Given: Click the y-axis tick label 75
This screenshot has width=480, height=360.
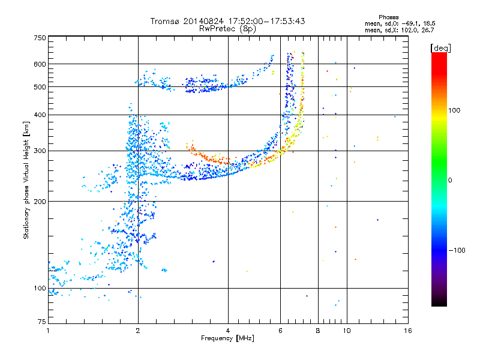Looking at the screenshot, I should [41, 322].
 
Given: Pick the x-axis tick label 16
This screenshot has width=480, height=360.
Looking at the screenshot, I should [407, 331].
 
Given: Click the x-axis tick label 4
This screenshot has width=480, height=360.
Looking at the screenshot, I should [228, 331].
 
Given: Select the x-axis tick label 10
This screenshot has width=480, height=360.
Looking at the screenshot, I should [346, 331].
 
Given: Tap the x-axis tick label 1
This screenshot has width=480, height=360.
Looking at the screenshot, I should [48, 331].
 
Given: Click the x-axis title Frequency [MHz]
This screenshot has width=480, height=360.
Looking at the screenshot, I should [227, 339].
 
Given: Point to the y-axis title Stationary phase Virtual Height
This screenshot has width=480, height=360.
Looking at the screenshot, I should [26, 180].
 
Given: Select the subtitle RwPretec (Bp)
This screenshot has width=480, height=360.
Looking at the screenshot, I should [227, 28].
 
